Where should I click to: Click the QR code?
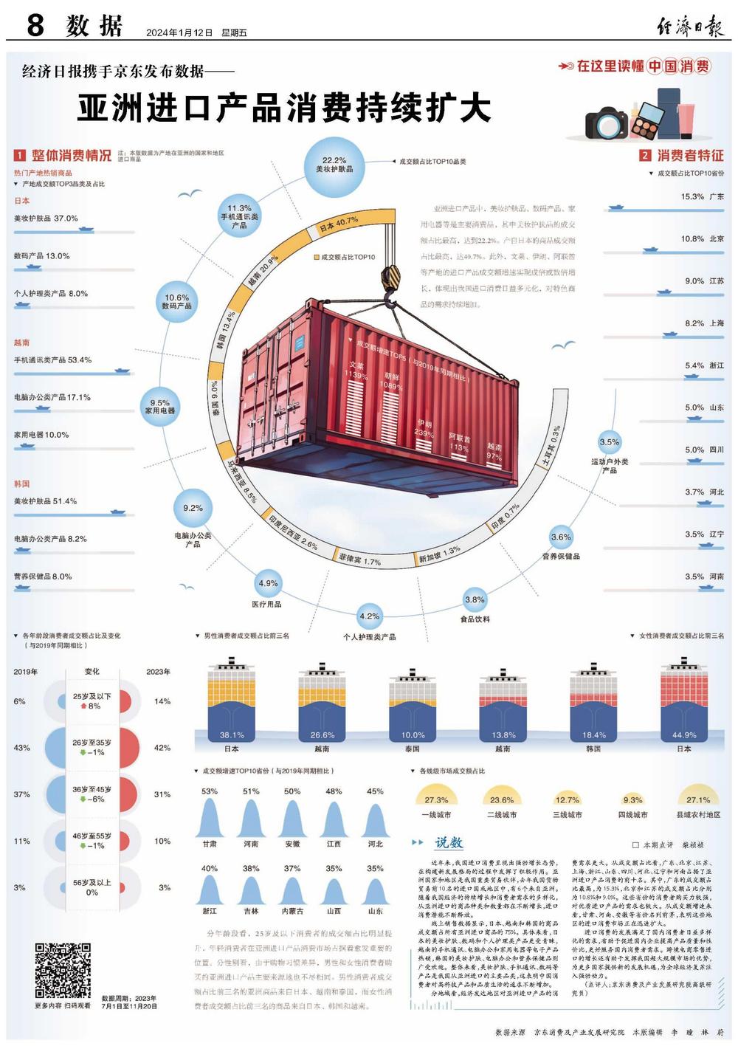click(63, 969)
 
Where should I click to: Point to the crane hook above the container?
click(389, 284)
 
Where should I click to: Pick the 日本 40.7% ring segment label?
click(339, 224)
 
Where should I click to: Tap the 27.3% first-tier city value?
click(436, 799)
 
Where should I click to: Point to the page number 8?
click(35, 26)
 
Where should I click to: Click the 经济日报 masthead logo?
click(691, 27)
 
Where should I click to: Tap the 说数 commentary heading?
click(448, 842)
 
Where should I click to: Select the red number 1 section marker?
click(20, 156)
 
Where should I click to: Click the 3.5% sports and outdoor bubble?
click(610, 444)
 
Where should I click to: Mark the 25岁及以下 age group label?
click(92, 696)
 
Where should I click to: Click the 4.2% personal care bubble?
click(369, 616)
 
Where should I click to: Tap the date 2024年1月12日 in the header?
click(179, 33)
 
